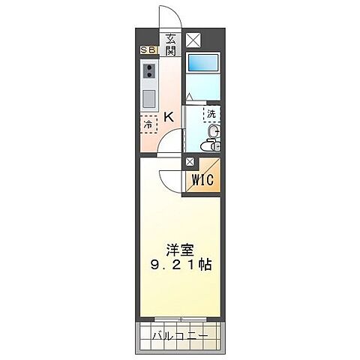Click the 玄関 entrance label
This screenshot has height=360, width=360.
[x=170, y=45]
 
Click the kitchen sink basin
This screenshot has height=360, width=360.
[x=149, y=98]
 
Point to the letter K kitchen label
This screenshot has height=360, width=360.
[x=169, y=116]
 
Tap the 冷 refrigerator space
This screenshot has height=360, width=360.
[x=148, y=124]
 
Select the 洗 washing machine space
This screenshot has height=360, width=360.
[x=212, y=115]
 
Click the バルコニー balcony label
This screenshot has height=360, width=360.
[x=179, y=335]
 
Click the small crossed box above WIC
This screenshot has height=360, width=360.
[x=190, y=161]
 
